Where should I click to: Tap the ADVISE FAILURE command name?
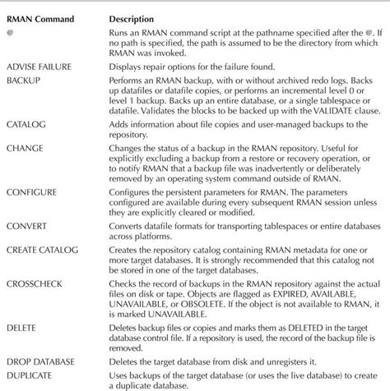[x=39, y=67]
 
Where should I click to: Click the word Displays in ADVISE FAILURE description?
[x=128, y=67]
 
